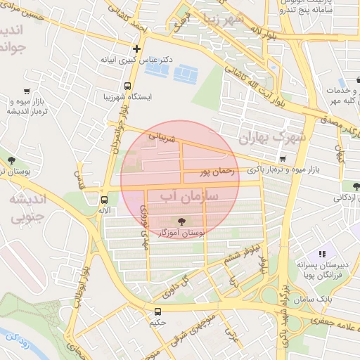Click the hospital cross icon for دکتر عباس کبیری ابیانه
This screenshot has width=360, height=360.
point(136,49)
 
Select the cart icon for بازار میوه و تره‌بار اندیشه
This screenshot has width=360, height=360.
point(27,91)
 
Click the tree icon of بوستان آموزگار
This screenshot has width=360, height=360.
point(182,220)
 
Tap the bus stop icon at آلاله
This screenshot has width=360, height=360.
point(104,199)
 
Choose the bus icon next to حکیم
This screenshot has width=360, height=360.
point(157,310)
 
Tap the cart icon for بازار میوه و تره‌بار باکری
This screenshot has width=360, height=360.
point(283,159)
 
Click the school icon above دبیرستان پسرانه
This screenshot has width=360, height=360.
point(323,254)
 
